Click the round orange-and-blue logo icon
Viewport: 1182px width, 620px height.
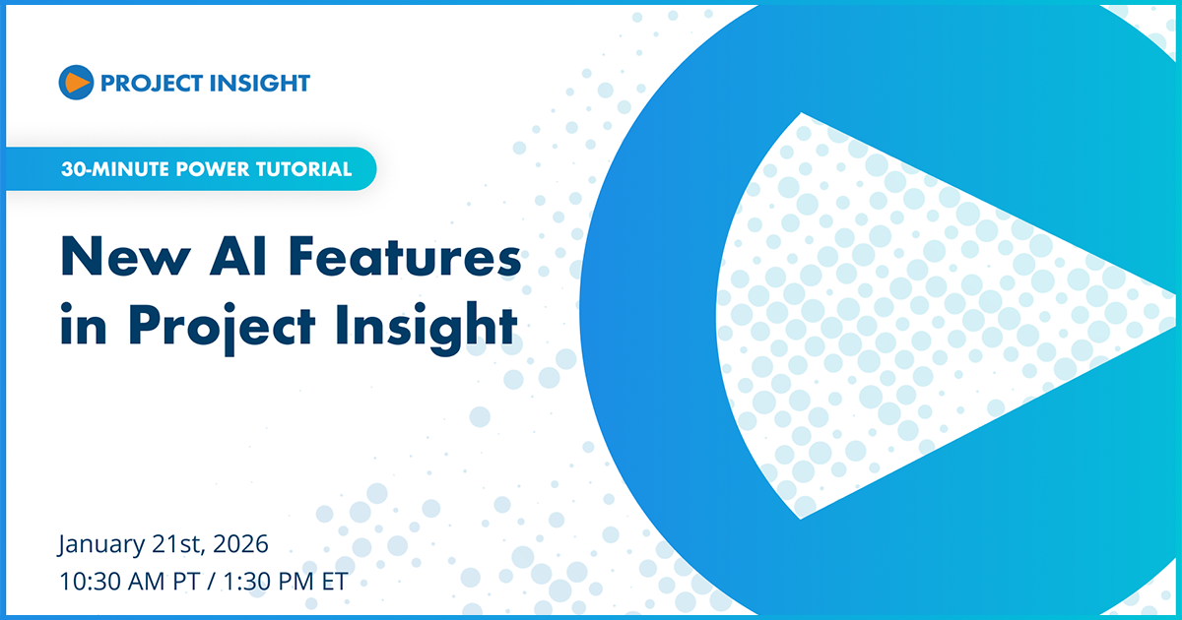coord(76,83)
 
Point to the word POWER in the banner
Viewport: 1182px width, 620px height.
coord(197,169)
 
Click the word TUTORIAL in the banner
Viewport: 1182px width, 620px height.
coord(301,169)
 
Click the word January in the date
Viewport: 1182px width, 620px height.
coord(102,544)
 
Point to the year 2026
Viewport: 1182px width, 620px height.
coord(241,543)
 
